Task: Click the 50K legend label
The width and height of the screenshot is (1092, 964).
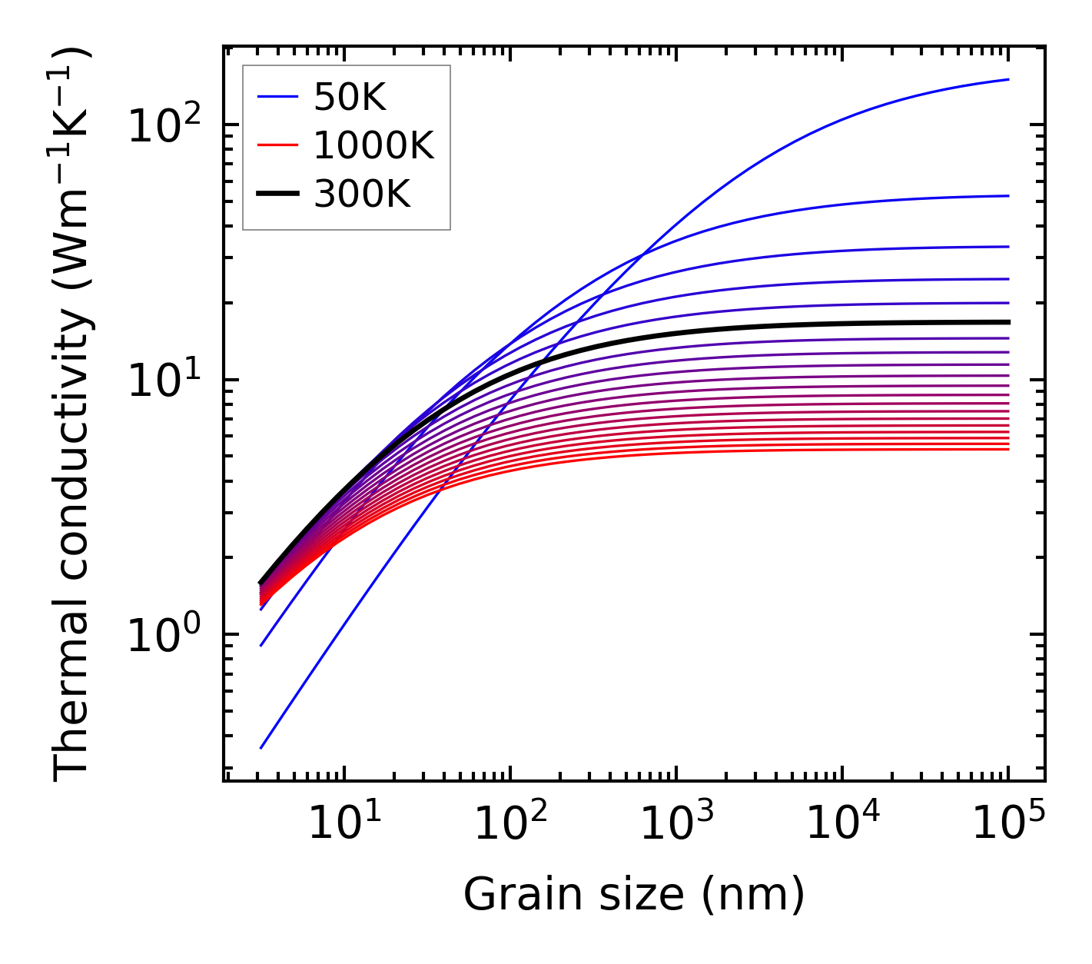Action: [x=350, y=98]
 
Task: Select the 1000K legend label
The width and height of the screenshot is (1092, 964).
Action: [x=374, y=146]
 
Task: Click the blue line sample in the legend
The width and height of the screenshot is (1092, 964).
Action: [x=277, y=98]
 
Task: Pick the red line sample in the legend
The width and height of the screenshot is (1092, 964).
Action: [x=277, y=146]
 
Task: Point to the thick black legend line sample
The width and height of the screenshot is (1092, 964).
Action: [x=277, y=194]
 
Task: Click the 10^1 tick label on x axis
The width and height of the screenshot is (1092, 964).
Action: [x=344, y=824]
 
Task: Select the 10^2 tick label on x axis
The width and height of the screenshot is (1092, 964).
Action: [x=510, y=824]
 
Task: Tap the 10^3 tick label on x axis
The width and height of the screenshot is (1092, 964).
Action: [x=676, y=824]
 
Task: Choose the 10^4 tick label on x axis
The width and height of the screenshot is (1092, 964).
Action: [x=842, y=824]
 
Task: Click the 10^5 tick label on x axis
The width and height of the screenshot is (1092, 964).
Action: [x=1008, y=824]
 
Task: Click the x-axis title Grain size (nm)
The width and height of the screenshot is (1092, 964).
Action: [x=634, y=895]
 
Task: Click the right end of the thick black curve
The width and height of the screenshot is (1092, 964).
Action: [x=1007, y=322]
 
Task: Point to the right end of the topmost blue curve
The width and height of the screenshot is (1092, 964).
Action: [x=1007, y=79]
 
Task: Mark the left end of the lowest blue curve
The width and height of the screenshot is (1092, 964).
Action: [x=261, y=747]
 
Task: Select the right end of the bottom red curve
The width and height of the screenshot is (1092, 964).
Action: [x=1007, y=449]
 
